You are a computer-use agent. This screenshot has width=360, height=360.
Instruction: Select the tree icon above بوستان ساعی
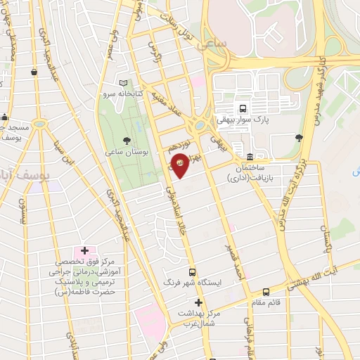pos(127,141)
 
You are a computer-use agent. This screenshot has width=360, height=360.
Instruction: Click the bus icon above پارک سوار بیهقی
pos(243,109)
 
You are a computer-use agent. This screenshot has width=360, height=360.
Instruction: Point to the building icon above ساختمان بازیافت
pos(250,156)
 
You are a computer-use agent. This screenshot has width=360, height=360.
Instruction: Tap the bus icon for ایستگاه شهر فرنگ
pos(192,272)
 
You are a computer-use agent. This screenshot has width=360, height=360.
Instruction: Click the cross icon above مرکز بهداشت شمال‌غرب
pos(199,302)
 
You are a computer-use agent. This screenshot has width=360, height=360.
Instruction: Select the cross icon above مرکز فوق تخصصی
pos(84,250)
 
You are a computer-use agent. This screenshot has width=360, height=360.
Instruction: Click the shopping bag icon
pos(34,72)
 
